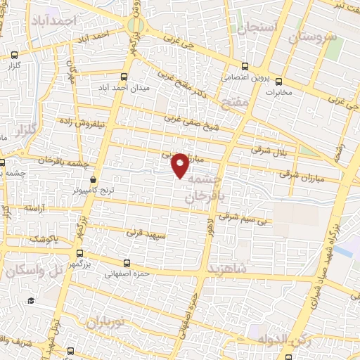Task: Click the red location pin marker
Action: [x=181, y=165]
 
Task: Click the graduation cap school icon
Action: [x=31, y=301]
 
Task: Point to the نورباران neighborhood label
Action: [x=103, y=323]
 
